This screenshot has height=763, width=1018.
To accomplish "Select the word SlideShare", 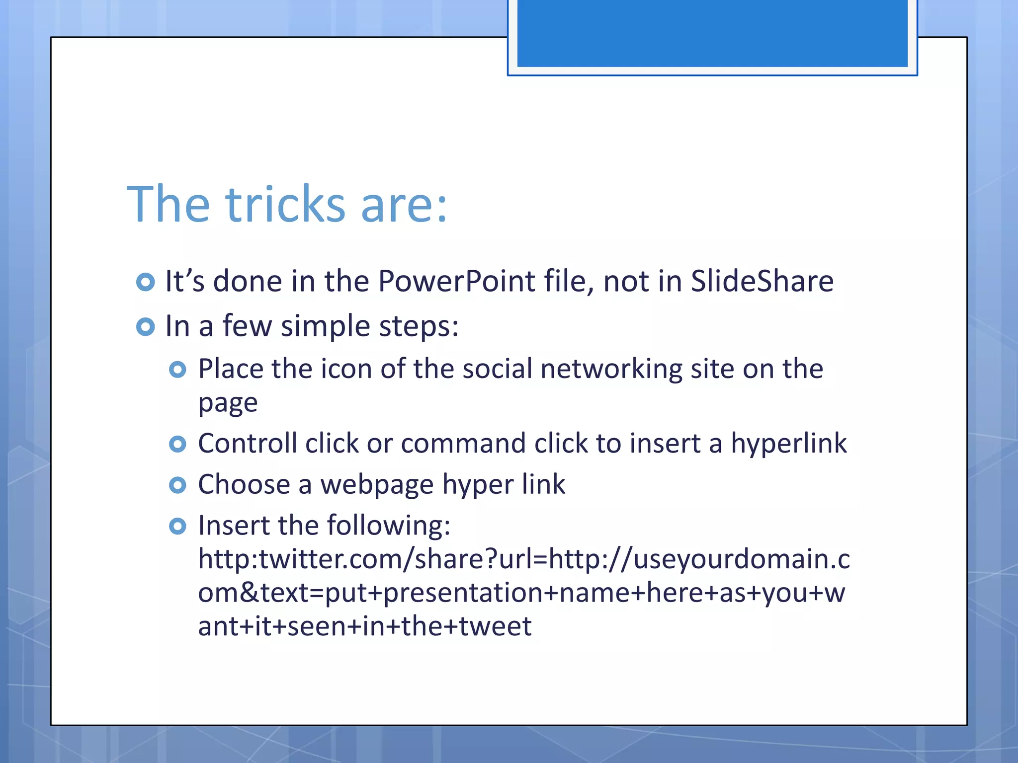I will coord(762,281).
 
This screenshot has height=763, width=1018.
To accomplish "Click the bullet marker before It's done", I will coord(145,282).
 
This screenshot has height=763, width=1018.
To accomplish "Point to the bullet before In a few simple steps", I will coord(145,327).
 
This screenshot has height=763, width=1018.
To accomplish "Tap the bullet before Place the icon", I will coord(177,370).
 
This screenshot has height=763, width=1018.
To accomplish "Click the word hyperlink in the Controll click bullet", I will coord(788,443).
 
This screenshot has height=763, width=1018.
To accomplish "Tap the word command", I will coord(463,443).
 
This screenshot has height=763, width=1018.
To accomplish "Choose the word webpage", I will coord(377,485).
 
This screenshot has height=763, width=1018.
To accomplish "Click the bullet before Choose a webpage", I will coord(177,485).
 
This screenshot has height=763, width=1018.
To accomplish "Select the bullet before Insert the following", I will coord(177,526).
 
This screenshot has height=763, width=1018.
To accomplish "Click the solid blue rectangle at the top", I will coord(712,33).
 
